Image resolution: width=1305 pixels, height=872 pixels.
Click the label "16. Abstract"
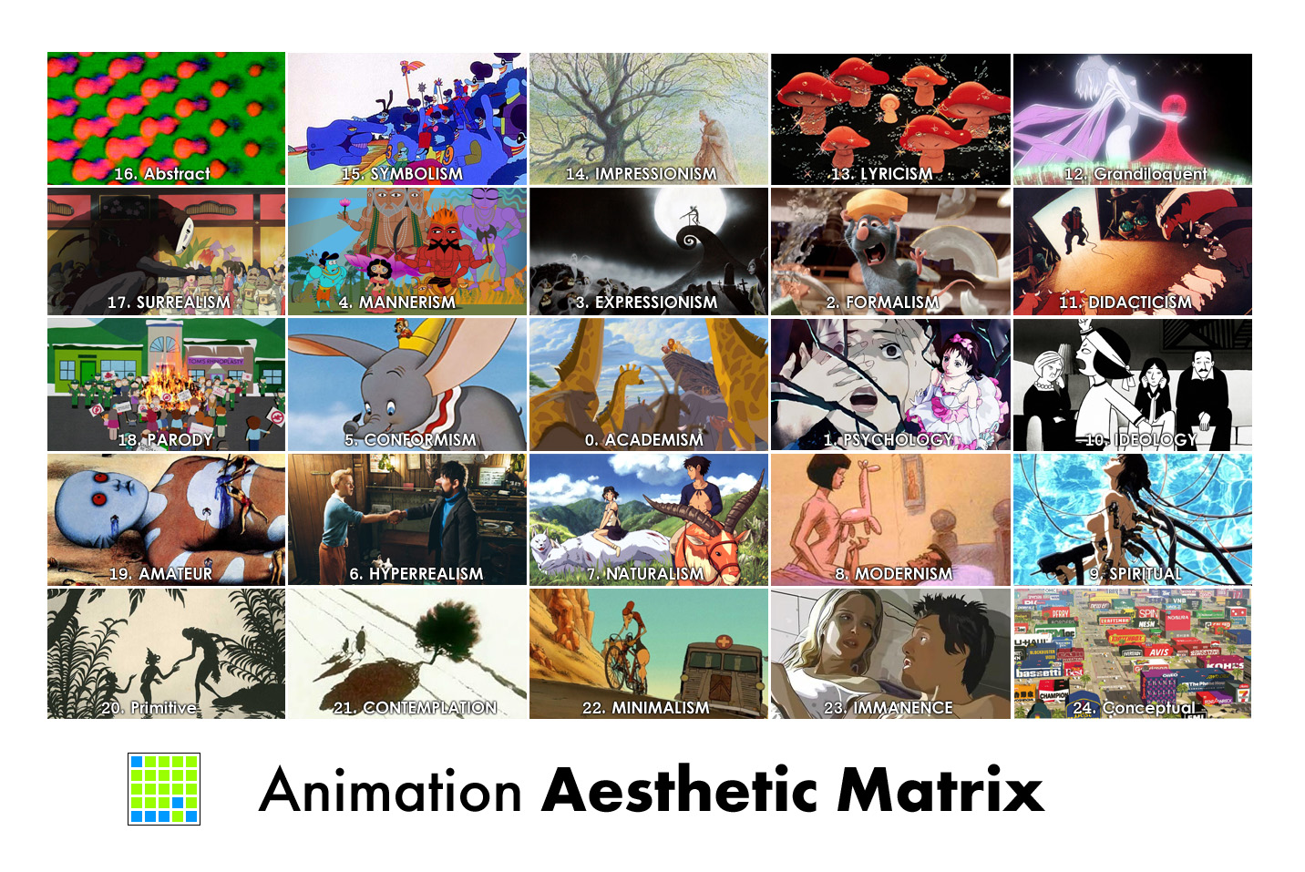pos(162,173)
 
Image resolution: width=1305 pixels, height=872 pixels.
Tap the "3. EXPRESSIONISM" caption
pos(647,303)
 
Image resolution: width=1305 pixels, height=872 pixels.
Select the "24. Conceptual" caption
pos(1134,708)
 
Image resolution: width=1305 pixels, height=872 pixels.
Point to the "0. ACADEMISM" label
pos(644,440)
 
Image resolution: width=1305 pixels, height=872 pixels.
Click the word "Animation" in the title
pos(390,790)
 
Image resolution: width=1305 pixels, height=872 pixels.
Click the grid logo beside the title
pos(164,789)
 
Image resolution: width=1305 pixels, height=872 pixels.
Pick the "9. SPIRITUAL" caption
pos(1135,574)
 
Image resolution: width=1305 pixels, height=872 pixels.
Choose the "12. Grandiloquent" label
pos(1135,174)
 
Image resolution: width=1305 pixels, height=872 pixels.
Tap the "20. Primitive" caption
pos(149,708)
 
